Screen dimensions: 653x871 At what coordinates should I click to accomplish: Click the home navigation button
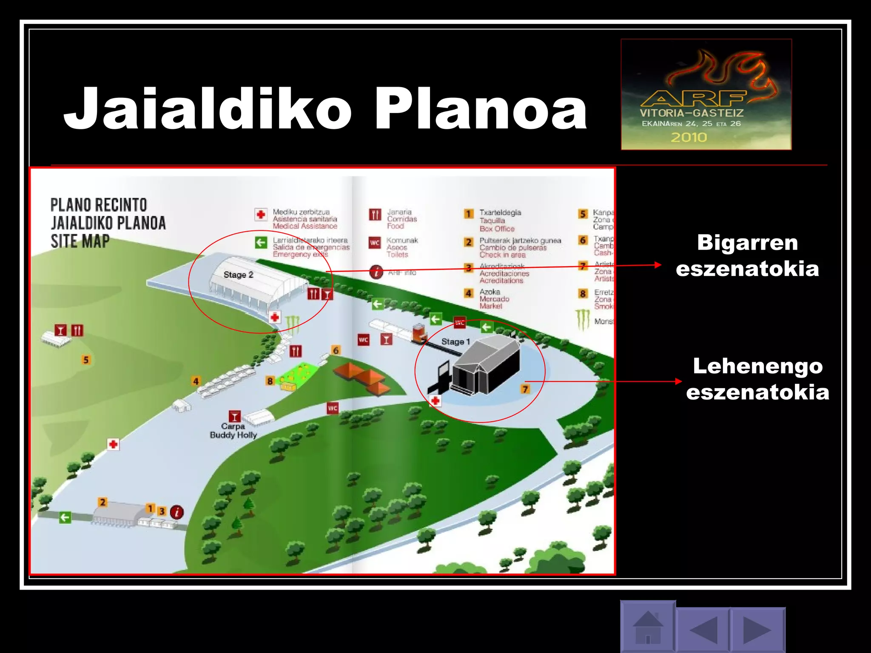648,627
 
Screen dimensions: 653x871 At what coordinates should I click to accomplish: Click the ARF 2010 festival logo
706,94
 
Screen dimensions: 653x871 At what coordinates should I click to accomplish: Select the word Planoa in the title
480,108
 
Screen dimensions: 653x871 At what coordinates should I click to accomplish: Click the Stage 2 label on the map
238,275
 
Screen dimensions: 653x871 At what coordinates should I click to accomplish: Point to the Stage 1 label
455,341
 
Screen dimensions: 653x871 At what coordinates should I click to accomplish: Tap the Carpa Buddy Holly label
233,431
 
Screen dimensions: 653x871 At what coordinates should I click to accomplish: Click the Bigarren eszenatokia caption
747,256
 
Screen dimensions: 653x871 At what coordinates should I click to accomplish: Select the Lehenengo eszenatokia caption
757,379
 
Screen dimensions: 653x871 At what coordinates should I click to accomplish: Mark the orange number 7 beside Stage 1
525,389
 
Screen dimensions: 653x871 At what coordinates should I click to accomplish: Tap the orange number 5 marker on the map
86,360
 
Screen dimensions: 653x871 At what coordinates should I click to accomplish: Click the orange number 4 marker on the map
196,381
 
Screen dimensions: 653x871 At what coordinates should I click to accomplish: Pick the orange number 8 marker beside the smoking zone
270,381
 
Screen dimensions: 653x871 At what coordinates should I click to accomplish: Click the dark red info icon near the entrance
177,512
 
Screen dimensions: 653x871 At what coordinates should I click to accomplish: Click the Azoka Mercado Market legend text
494,298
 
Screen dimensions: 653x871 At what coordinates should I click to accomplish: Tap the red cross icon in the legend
261,214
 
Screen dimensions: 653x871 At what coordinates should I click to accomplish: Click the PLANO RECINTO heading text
99,204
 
